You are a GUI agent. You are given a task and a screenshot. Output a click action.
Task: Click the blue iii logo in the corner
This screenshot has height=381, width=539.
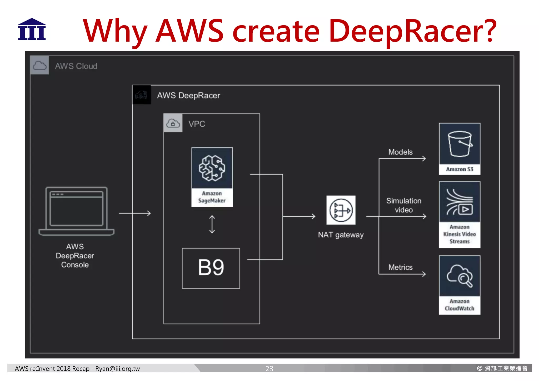[x=32, y=29]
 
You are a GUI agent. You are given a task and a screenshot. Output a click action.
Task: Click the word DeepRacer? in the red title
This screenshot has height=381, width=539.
[x=412, y=31]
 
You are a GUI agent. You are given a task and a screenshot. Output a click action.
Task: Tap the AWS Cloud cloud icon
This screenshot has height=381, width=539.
[x=39, y=65]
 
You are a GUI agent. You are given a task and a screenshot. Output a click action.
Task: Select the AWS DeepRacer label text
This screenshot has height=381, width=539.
[x=188, y=95]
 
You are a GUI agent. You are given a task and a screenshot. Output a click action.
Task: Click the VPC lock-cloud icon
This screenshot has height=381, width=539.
[x=173, y=123]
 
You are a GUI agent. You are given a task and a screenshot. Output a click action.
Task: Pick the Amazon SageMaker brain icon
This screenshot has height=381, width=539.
[x=212, y=168]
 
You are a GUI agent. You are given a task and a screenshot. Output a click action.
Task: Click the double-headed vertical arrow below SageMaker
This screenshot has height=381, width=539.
[x=212, y=225]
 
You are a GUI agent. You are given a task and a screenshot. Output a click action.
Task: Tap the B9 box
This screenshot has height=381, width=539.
[x=211, y=268]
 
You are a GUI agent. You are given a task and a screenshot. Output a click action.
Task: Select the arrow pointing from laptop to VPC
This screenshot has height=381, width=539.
[x=135, y=213]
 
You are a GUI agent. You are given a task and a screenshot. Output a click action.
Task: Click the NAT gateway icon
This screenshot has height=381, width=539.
[x=341, y=210]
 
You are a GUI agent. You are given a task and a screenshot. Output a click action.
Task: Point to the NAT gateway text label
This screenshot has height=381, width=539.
[x=341, y=235]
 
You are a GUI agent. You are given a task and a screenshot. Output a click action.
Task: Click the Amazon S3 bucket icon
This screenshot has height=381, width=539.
[x=460, y=144]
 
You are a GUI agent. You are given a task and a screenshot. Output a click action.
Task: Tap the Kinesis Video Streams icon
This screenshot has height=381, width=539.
[x=460, y=202]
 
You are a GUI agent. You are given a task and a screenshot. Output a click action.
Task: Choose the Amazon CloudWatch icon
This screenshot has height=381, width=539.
[x=460, y=276]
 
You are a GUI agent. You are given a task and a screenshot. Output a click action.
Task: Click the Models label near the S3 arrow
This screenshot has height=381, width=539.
[x=400, y=152]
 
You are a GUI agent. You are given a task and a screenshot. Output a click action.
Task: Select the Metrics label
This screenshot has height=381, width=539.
[x=400, y=267]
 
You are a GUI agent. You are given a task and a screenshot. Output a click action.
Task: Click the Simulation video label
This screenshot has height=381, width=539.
[x=403, y=205]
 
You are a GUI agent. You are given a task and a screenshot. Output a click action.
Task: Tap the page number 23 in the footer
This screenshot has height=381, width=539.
[x=269, y=368]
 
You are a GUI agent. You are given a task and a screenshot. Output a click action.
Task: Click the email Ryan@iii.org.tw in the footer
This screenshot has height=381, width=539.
[x=117, y=368]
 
